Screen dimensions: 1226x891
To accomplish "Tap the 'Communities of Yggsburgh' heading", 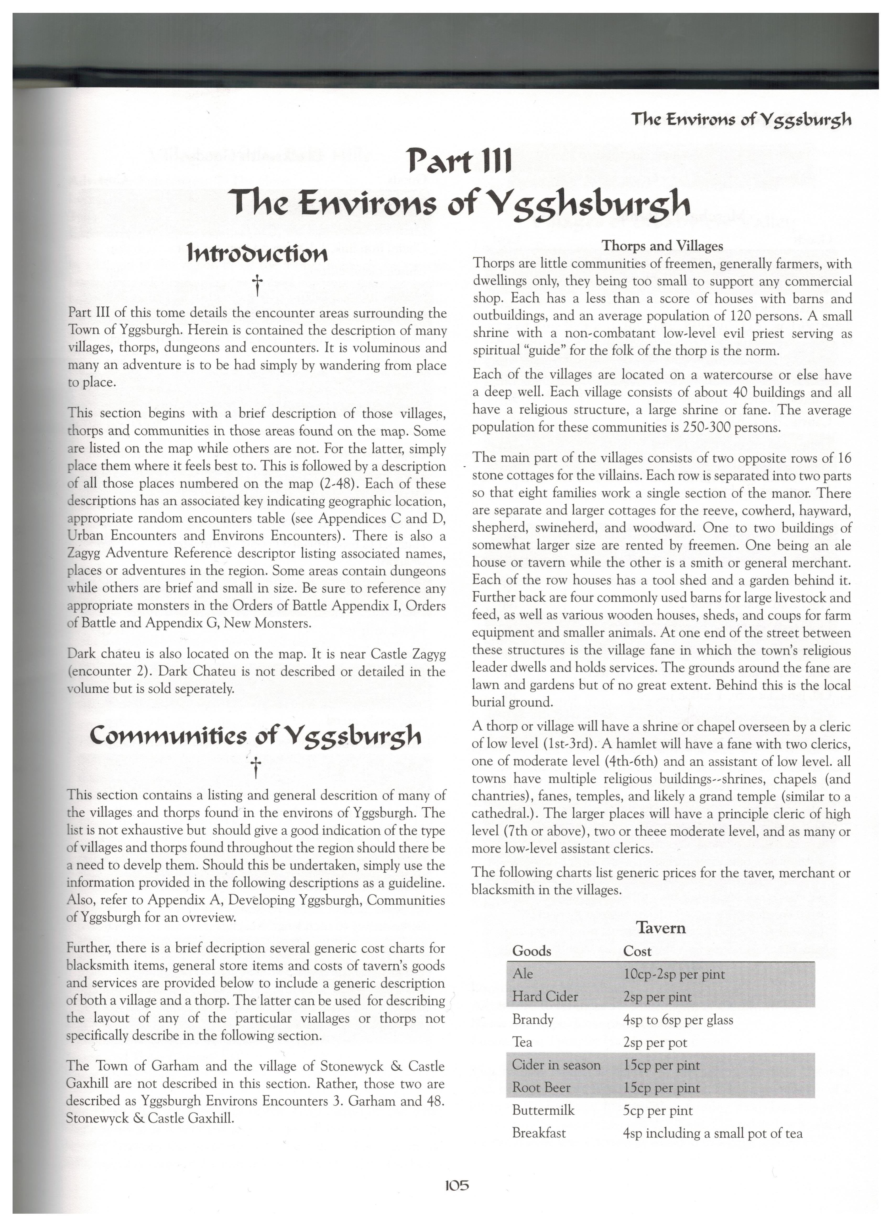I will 255,735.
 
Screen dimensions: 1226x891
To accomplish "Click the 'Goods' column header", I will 532,951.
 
